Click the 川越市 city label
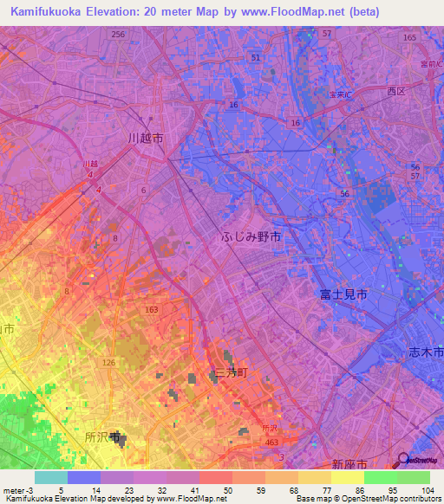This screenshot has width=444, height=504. coord(145,139)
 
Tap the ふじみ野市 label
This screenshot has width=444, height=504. coord(251,236)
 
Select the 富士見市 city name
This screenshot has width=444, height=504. coord(343,294)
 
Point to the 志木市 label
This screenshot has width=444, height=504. coord(426,352)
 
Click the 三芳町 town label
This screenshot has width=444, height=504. coord(232,372)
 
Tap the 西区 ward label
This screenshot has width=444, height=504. coord(396,91)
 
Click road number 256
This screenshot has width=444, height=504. coord(118,34)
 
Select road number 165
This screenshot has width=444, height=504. coord(409,38)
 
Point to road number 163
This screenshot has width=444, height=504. coord(152,309)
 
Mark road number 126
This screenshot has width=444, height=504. coord(108,362)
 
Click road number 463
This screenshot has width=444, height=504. coord(271,443)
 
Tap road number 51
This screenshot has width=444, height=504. coord(255,57)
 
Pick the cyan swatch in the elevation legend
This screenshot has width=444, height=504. coord(50,477)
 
